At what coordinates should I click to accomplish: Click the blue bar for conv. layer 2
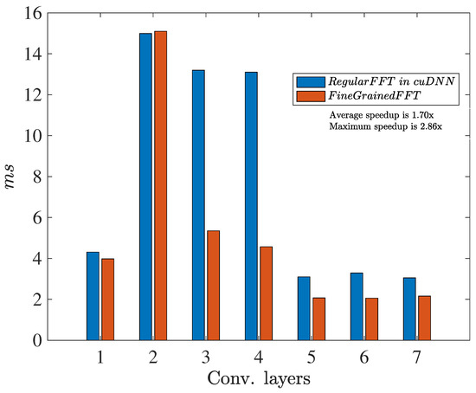(145, 186)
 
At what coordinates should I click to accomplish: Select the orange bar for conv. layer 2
(160, 185)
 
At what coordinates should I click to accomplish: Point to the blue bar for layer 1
(93, 295)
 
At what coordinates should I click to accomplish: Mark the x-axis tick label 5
(311, 355)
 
